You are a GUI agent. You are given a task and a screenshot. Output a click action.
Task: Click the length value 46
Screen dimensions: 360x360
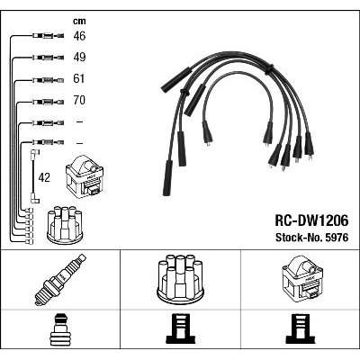79,36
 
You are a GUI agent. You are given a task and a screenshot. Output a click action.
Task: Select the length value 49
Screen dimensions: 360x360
79,58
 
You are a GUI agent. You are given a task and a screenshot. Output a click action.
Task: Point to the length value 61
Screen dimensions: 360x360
79,78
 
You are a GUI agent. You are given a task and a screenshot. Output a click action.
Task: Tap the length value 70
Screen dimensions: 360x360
79,100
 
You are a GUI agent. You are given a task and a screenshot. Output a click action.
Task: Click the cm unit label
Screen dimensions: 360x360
79,21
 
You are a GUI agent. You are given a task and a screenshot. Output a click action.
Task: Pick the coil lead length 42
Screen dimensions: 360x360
44,178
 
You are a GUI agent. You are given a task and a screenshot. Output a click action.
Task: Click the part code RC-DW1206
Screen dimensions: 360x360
312,221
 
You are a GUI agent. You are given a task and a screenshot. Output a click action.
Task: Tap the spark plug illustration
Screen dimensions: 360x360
60,280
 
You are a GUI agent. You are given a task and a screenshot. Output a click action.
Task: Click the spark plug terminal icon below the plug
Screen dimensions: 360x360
60,329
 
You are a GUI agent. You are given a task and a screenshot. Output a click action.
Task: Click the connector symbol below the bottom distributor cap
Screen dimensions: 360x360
181,328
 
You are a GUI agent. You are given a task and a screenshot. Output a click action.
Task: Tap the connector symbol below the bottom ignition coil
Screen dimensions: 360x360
301,328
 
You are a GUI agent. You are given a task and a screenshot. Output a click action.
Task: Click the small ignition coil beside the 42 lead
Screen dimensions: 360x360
85,176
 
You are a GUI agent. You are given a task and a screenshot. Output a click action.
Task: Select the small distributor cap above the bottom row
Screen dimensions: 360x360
65,225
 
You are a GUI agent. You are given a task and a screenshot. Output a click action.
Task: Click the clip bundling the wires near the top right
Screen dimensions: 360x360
269,69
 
